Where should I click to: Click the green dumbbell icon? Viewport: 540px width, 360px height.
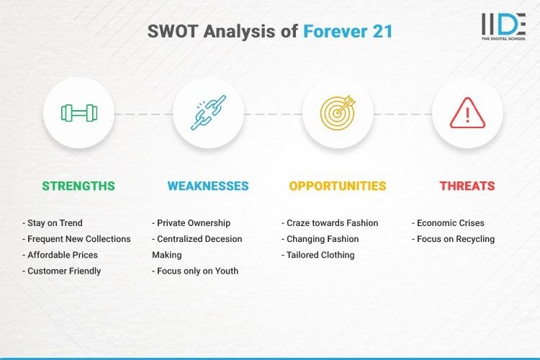coord(78,113)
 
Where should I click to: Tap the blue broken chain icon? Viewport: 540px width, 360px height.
coord(208,113)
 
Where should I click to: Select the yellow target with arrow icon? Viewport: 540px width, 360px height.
coord(338,113)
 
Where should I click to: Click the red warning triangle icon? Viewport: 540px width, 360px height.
coord(467,113)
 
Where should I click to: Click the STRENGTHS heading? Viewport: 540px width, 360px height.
coord(78,186)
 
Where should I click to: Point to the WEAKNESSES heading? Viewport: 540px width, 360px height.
coord(208,186)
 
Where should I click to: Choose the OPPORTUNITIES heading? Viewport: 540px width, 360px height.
coord(338,186)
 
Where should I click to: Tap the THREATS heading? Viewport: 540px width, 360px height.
coord(467,186)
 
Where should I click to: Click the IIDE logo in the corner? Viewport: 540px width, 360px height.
coord(503,27)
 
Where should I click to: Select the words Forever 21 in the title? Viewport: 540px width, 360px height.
coord(348,32)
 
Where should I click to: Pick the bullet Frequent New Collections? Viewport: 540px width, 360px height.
coord(76,239)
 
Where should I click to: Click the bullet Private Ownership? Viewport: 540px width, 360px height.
coord(192,223)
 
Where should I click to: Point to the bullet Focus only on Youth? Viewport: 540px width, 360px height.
coord(195,271)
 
